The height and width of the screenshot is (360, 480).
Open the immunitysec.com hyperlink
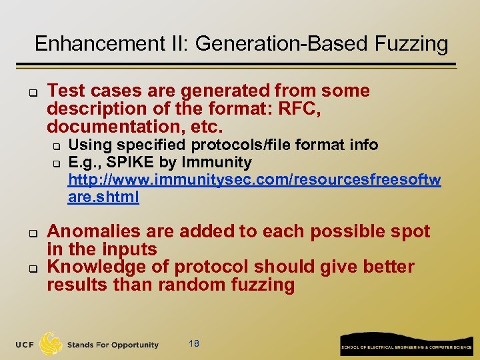click(254, 180)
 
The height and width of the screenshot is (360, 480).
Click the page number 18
click(194, 343)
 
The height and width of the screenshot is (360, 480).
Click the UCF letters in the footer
click(25, 345)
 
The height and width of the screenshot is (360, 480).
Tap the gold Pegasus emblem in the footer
click(51, 343)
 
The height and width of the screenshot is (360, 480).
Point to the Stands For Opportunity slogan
click(113, 345)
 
